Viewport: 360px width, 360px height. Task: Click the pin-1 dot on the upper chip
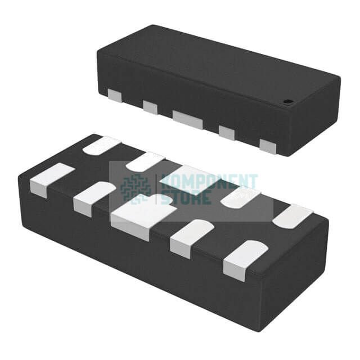pyautogui.click(x=287, y=101)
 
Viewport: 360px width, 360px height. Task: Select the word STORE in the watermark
pyautogui.click(x=187, y=197)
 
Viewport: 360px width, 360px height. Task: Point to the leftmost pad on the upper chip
pyautogui.click(x=114, y=96)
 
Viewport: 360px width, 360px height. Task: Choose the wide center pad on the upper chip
pyautogui.click(x=187, y=119)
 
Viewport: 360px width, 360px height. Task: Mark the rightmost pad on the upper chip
pyautogui.click(x=268, y=146)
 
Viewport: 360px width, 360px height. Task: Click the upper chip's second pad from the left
pyautogui.click(x=150, y=106)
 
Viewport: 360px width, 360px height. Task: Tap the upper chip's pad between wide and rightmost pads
pyautogui.click(x=226, y=133)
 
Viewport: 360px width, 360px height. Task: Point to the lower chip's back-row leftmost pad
pyautogui.click(x=101, y=145)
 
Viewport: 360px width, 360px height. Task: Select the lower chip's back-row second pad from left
pyautogui.click(x=145, y=161)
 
